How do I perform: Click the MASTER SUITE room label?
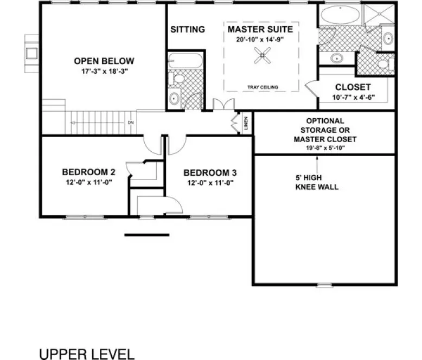(260, 29)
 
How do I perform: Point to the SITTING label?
(188, 29)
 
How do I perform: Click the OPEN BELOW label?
(104, 61)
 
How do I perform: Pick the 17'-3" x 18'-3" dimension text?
(104, 71)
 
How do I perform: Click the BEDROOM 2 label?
(88, 172)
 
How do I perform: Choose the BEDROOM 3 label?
(210, 173)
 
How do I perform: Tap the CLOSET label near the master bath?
(353, 87)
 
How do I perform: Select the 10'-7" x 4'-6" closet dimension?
(353, 98)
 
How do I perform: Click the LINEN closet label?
(246, 124)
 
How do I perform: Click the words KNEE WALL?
(317, 187)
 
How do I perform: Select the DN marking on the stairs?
(131, 123)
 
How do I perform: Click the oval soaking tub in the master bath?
(339, 15)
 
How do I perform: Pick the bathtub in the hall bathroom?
(184, 60)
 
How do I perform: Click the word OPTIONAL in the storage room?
(325, 121)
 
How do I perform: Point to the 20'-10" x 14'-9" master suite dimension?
(260, 39)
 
